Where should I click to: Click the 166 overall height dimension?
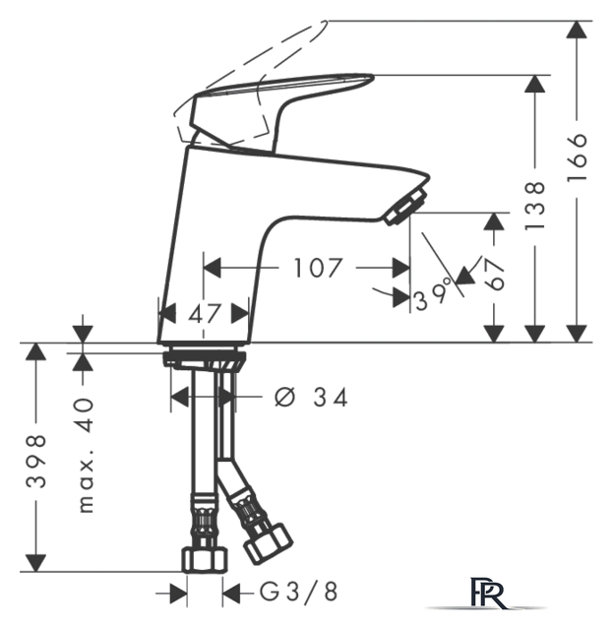(x=578, y=157)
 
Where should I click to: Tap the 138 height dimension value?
(x=535, y=206)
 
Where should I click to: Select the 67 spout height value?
(x=494, y=274)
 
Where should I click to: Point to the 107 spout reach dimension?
(x=318, y=268)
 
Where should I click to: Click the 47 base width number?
(x=205, y=314)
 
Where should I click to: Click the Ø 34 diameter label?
(x=311, y=398)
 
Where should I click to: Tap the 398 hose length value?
(x=36, y=461)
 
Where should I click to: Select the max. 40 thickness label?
(x=86, y=455)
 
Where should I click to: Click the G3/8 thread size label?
(x=298, y=592)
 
